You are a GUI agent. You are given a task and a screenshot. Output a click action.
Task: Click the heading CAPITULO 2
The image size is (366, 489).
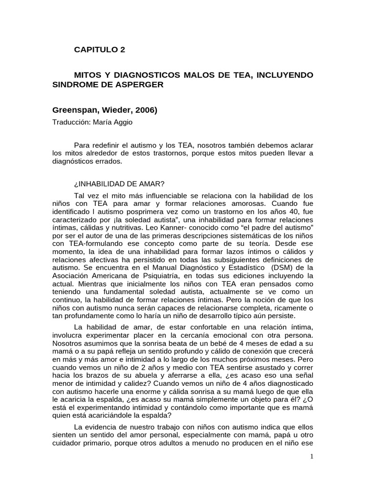(x=101, y=49)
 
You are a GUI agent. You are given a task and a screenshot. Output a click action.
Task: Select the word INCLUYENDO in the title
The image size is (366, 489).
(x=287, y=75)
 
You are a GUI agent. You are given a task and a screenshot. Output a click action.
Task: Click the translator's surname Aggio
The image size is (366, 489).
(x=122, y=121)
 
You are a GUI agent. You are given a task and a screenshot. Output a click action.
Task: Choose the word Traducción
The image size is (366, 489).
(x=71, y=121)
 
